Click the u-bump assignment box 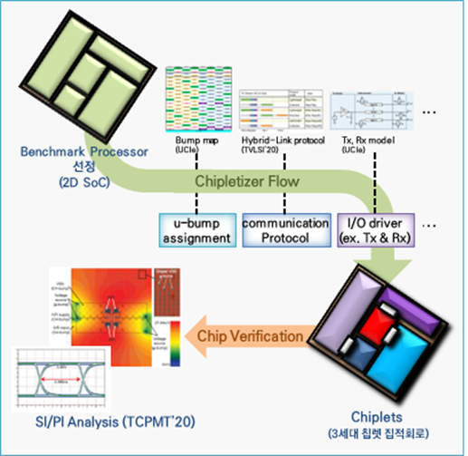pyautogui.click(x=196, y=231)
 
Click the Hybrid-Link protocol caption pyautogui.click(x=282, y=141)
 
